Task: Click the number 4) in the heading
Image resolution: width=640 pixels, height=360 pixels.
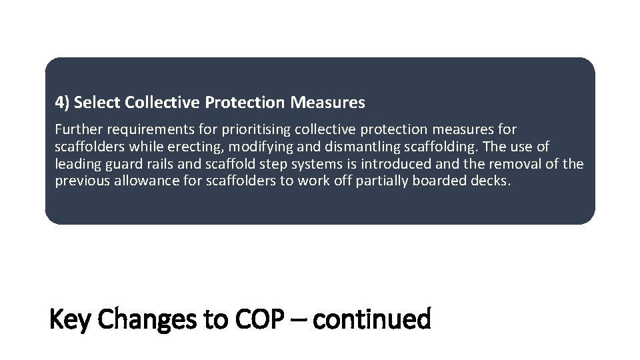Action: [x=62, y=103]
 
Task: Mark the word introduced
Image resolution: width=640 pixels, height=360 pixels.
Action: [x=396, y=164]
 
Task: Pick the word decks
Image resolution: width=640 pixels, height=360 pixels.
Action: [x=489, y=181]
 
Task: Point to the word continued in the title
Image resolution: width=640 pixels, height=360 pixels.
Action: [x=371, y=319]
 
